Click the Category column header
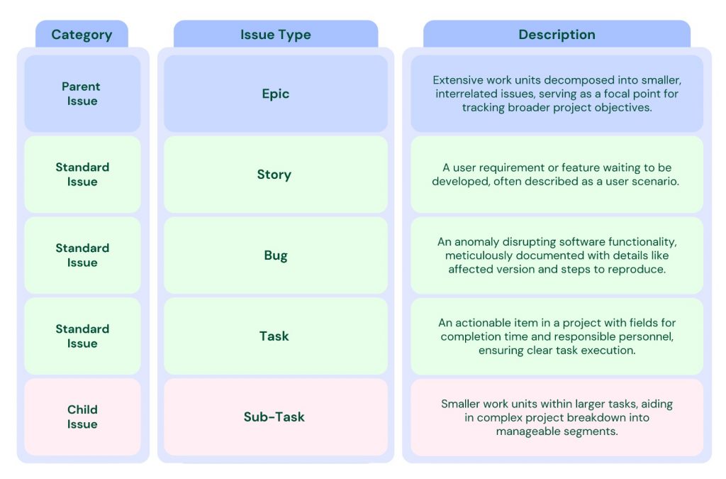[x=82, y=34]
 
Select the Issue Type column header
[x=275, y=34]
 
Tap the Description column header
[x=557, y=34]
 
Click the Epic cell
[x=275, y=94]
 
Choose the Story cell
[x=274, y=175]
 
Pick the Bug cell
[x=275, y=255]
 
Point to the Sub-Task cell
[x=274, y=417]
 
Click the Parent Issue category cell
[x=82, y=94]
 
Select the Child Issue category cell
[x=82, y=417]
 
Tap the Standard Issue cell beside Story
[x=82, y=175]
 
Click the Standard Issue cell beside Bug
[x=82, y=255]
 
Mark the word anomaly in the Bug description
[x=476, y=242]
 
